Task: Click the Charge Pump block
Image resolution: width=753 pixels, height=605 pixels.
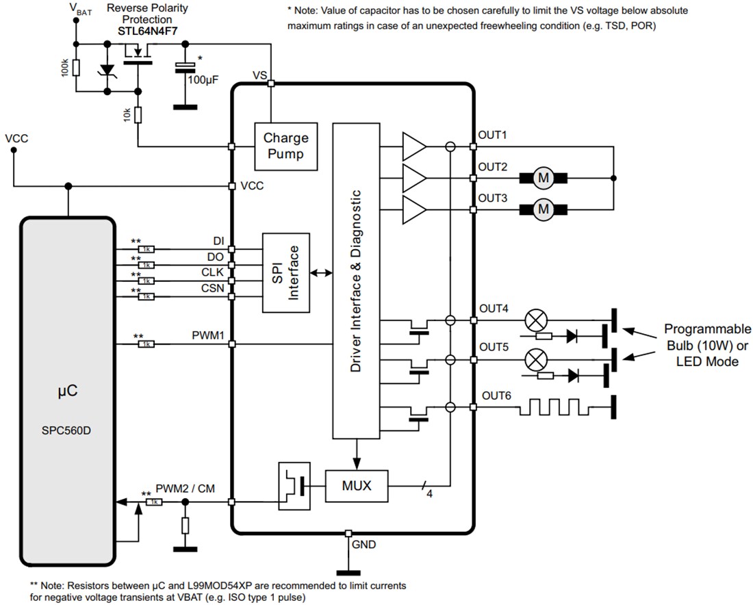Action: point(285,146)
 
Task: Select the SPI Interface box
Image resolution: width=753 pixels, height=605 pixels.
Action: point(286,272)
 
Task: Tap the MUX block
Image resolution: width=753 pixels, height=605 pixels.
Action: point(356,486)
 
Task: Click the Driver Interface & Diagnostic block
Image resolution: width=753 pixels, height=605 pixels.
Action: point(356,281)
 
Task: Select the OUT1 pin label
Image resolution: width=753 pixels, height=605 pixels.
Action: point(492,135)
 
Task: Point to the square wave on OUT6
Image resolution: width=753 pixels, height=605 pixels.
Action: point(554,408)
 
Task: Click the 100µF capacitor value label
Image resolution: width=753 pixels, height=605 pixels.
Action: point(203,80)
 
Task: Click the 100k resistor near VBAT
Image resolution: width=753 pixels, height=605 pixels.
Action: point(77,68)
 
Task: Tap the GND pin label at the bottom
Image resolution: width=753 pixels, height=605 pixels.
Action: point(363,545)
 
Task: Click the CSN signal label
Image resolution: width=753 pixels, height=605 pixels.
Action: point(212,288)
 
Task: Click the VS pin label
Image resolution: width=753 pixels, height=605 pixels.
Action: point(259,75)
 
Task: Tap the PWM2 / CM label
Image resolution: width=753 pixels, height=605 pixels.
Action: point(185,488)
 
